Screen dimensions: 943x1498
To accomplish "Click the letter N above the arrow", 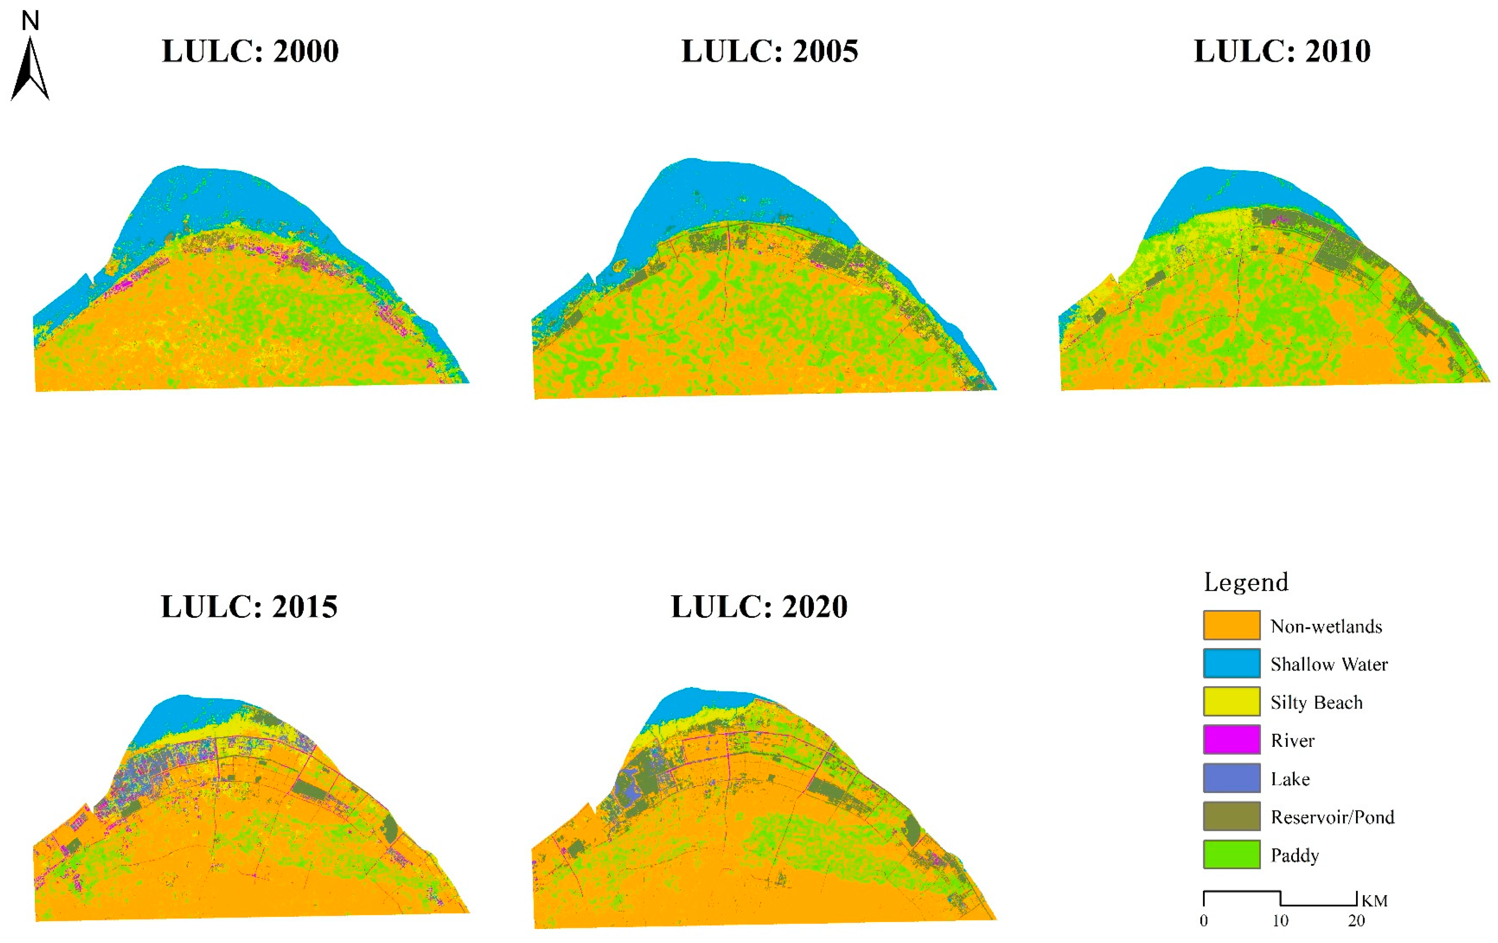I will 30,21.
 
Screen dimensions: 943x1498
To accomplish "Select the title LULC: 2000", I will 250,51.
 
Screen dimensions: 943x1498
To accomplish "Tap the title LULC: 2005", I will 770,51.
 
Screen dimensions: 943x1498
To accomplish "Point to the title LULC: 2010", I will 1282,51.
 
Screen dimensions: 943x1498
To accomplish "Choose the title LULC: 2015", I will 249,607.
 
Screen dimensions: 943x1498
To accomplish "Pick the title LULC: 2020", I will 759,607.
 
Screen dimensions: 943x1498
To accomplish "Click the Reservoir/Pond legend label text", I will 1332,817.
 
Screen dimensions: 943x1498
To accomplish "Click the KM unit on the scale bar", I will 1374,901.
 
